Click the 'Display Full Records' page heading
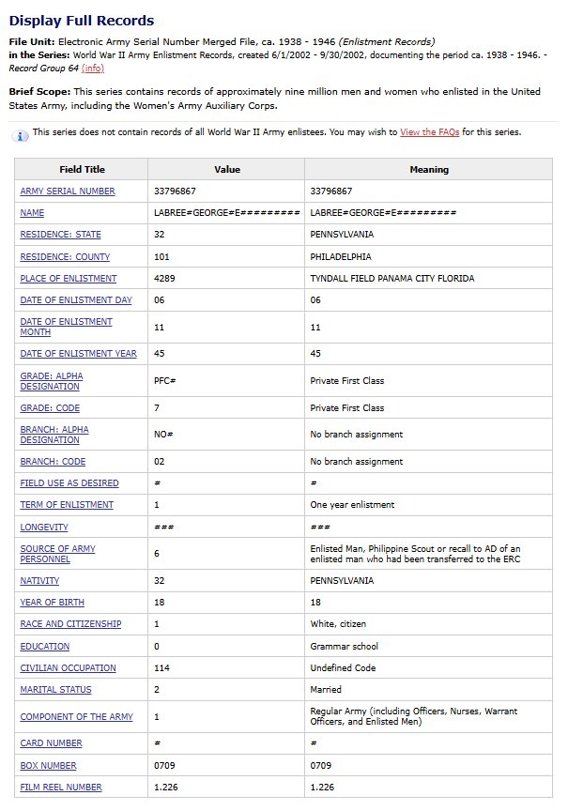[82, 20]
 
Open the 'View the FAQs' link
[429, 132]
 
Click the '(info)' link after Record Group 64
[93, 69]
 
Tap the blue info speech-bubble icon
[21, 135]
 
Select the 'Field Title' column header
[82, 170]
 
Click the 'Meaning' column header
[429, 170]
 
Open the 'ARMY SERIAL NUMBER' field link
[68, 191]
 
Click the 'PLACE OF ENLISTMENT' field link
[69, 279]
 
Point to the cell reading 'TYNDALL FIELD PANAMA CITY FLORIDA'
[392, 279]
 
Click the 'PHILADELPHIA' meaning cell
[341, 256]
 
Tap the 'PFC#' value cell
[165, 381]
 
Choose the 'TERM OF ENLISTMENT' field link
[67, 505]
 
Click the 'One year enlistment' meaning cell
[352, 505]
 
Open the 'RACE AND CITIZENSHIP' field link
[70, 624]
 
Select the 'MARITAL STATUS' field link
[56, 690]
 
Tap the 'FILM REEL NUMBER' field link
[61, 788]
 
